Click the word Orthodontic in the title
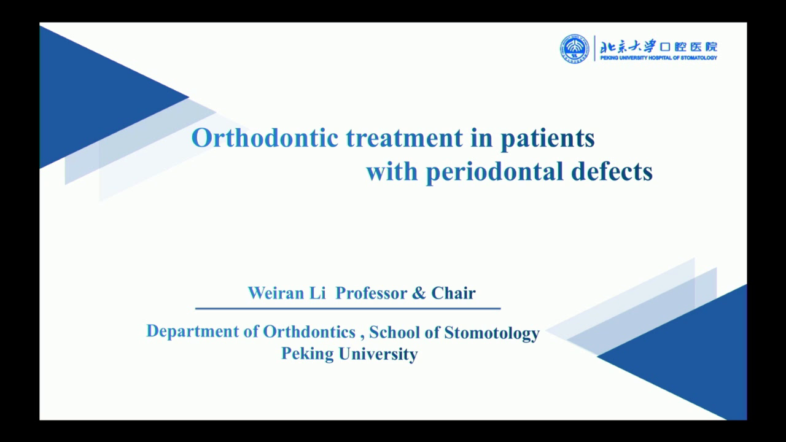(x=265, y=138)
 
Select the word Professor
(x=371, y=293)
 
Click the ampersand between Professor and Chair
(x=419, y=293)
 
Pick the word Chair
(x=453, y=293)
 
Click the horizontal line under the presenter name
(x=348, y=308)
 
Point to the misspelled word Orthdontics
(x=309, y=331)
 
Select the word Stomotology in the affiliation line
(x=491, y=332)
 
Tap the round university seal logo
(x=574, y=48)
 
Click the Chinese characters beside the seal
(x=658, y=47)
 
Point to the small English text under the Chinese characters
(x=658, y=58)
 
